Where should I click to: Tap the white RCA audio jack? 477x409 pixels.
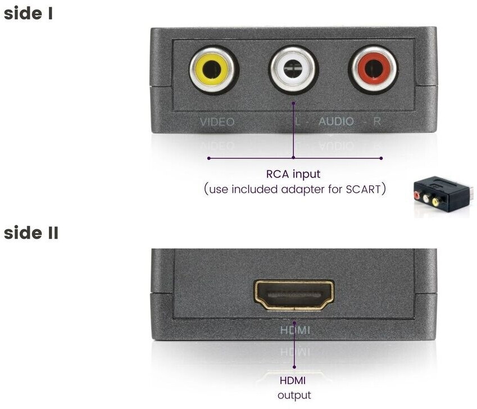(x=293, y=70)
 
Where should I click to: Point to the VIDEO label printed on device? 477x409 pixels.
(x=217, y=121)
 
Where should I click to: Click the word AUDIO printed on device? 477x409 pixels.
(x=337, y=121)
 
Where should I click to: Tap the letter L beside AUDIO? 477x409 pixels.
(x=297, y=121)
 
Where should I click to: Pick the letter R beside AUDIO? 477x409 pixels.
(x=377, y=121)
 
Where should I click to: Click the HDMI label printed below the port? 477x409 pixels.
(x=295, y=330)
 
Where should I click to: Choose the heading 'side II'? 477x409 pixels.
(x=31, y=233)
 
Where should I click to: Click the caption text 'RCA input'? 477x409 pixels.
(x=293, y=174)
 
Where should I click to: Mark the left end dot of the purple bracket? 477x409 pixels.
(x=208, y=158)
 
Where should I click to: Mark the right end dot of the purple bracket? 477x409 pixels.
(x=381, y=158)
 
